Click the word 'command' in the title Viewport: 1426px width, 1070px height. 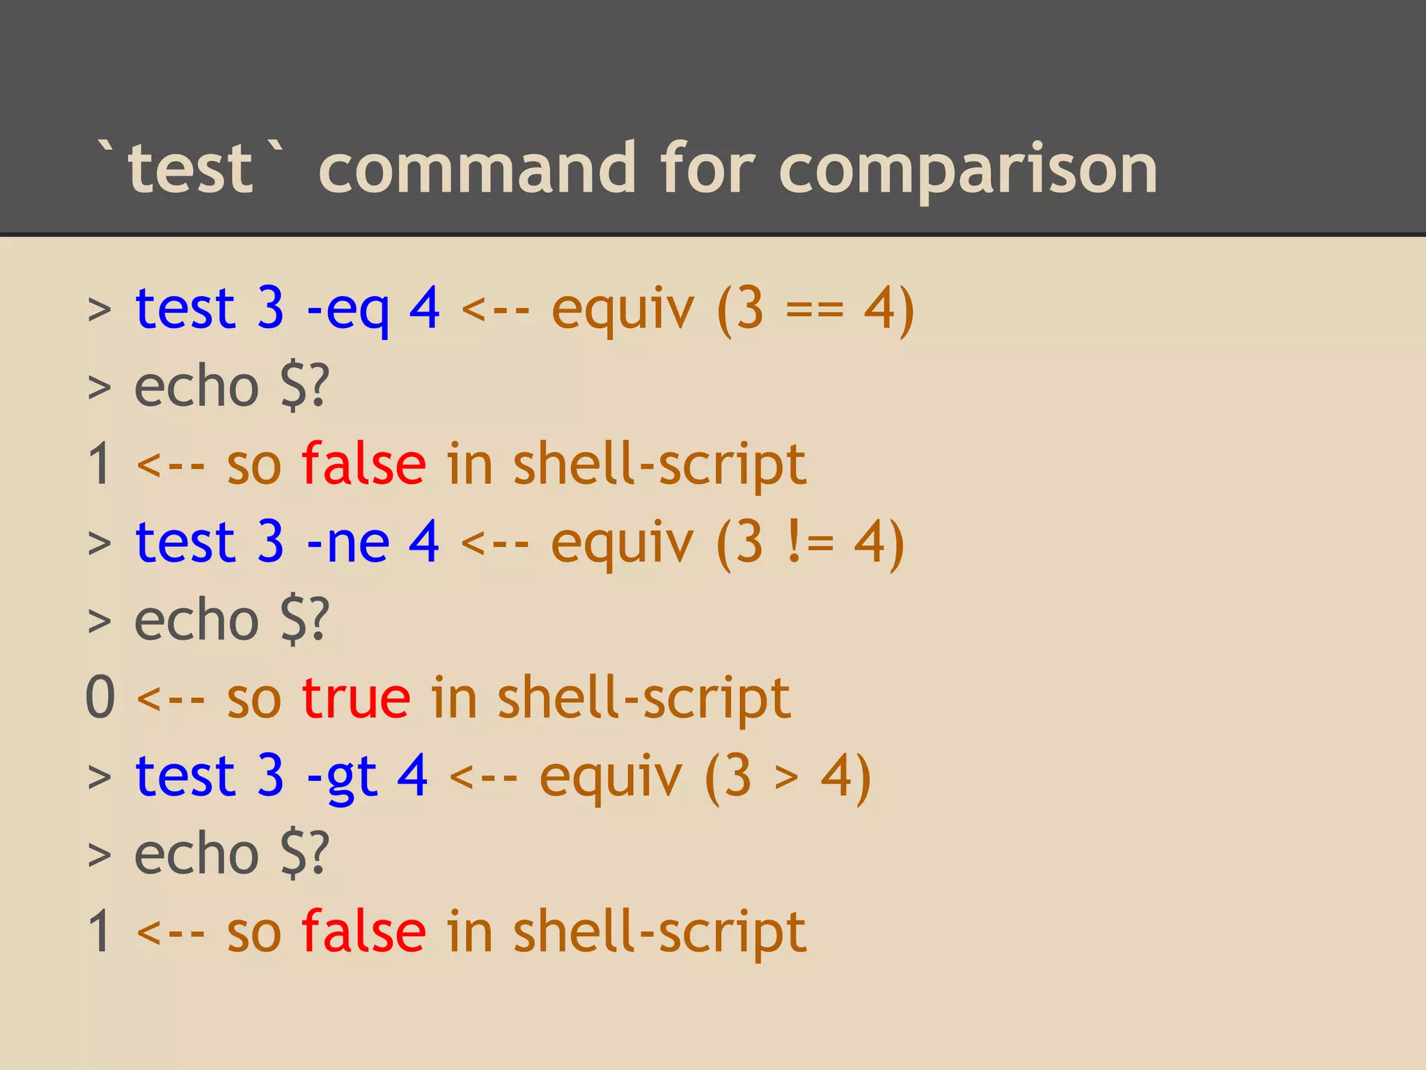[477, 169]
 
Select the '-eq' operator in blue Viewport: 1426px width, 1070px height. [347, 310]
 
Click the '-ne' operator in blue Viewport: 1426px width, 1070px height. [347, 543]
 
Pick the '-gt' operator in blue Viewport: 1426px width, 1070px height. [342, 777]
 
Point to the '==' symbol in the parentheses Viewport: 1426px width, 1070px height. [815, 310]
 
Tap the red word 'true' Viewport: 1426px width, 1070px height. [356, 698]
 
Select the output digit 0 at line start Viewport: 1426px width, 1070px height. [100, 698]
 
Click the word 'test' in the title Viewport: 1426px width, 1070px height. [190, 169]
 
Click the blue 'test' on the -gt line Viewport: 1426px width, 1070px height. [186, 776]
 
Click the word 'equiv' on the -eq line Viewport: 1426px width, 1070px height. [623, 310]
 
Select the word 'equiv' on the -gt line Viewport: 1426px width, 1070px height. [611, 777]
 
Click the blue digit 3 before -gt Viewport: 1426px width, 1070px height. [270, 776]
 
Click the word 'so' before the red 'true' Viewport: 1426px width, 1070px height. [254, 699]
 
